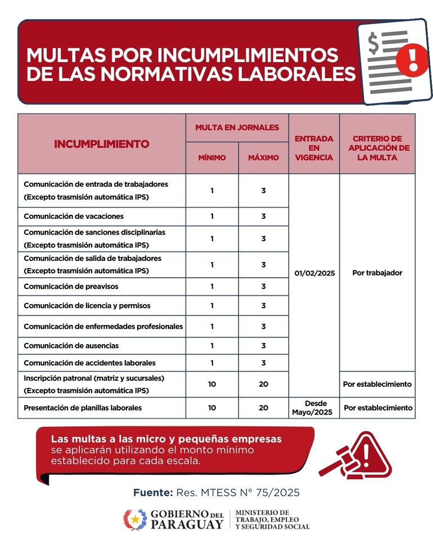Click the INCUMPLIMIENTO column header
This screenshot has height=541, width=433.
tap(102, 144)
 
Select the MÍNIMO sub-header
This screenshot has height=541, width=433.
tap(212, 157)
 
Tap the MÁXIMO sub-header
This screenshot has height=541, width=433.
tap(263, 157)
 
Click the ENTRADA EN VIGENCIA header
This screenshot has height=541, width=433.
tap(314, 148)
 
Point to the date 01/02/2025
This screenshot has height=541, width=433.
tap(314, 273)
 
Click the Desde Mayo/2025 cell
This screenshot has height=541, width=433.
tap(314, 408)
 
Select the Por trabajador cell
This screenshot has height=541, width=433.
tap(377, 273)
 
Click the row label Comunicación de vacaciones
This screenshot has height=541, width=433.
tap(74, 217)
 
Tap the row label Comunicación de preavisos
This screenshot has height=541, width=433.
tap(71, 287)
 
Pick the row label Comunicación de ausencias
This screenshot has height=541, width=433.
tap(71, 346)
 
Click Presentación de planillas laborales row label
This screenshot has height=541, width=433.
tap(83, 408)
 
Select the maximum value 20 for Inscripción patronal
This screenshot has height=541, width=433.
tap(263, 384)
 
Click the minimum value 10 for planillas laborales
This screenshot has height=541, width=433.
tap(212, 408)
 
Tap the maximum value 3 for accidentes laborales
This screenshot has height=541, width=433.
tap(263, 363)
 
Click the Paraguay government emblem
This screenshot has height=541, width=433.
tap(135, 520)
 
